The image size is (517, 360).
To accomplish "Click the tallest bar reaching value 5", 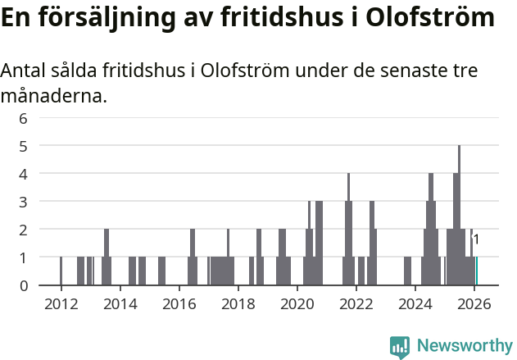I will (x=459, y=215).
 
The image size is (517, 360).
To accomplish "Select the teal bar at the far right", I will (x=477, y=271).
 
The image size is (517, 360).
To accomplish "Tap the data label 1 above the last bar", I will (x=477, y=240).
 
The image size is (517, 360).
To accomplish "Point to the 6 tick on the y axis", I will (x=24, y=118).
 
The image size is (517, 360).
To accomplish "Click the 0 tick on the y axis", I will (x=24, y=285).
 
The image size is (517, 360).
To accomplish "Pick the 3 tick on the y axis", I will (x=24, y=202).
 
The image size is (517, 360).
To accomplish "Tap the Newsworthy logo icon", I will (x=400, y=346).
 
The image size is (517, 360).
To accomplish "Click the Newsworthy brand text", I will (x=464, y=346).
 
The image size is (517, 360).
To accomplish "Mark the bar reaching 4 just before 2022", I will (x=348, y=230).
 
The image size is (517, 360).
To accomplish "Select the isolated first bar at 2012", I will (x=61, y=271).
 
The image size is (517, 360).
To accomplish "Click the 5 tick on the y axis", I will (x=24, y=146).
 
